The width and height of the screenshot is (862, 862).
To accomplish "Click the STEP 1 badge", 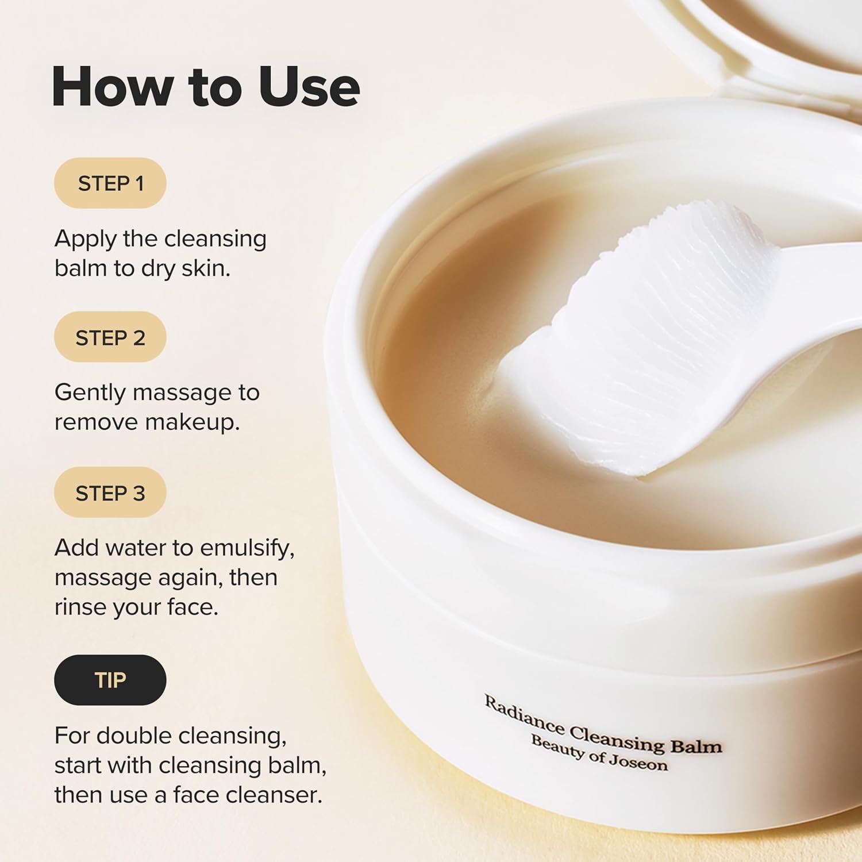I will [x=110, y=183].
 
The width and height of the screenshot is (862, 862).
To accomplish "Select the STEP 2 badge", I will [x=110, y=337].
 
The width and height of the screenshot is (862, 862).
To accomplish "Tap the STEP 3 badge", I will [x=110, y=492].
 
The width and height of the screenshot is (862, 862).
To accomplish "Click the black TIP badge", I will [x=110, y=680].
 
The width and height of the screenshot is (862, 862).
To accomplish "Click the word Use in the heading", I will [x=309, y=87].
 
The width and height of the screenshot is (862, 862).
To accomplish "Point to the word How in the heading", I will [x=113, y=87].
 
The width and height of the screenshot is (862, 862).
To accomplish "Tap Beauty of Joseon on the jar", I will [x=599, y=753].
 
